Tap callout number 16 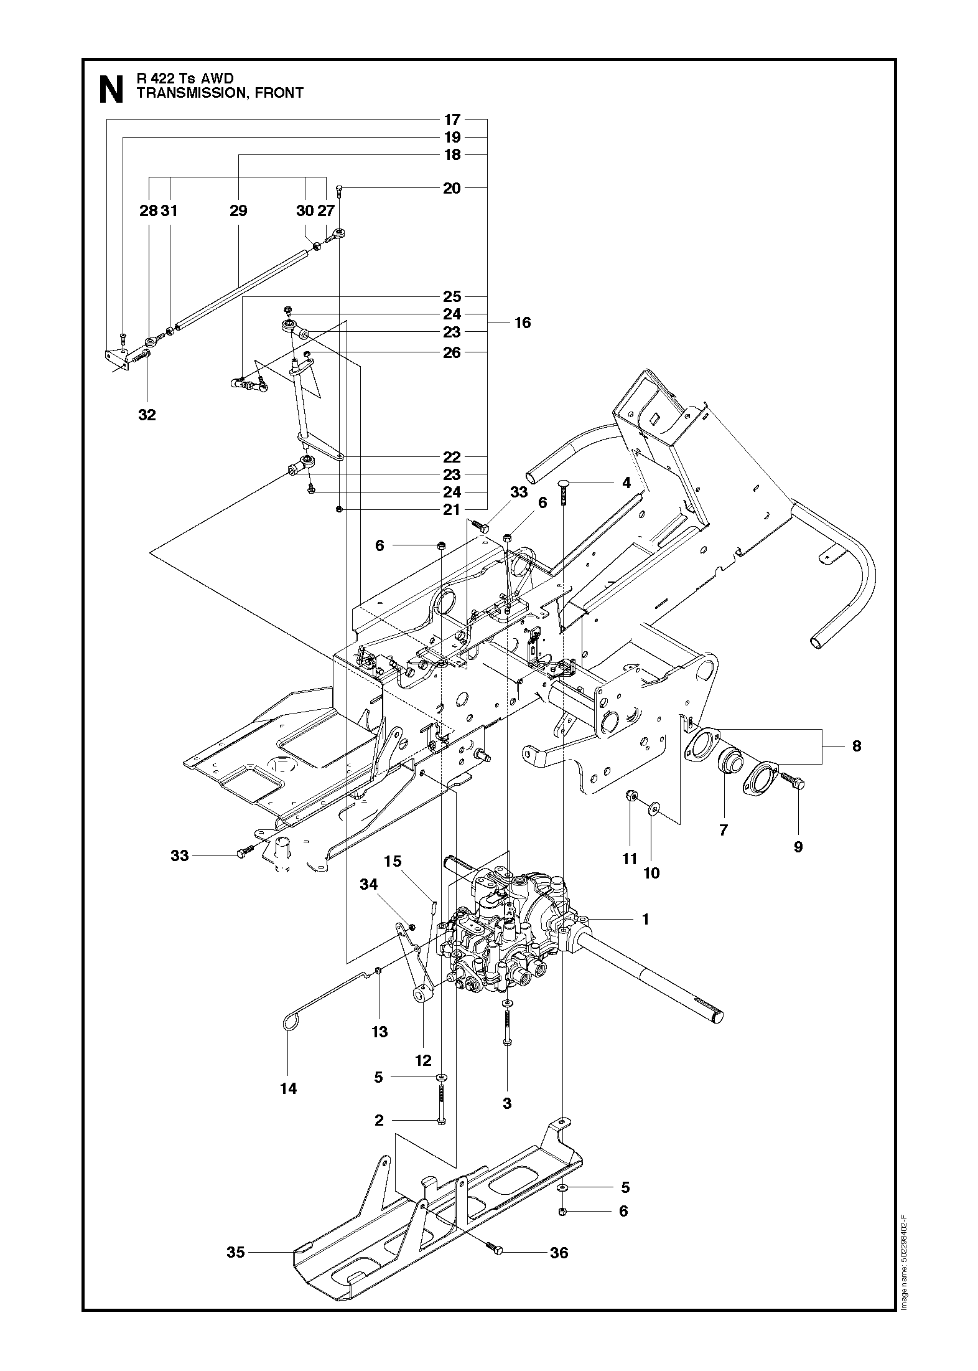[x=523, y=323]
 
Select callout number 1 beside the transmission [x=645, y=918]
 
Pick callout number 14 [x=289, y=1088]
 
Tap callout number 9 [x=798, y=846]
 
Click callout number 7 [x=723, y=829]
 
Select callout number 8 [x=856, y=746]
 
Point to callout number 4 [x=626, y=483]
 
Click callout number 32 [x=147, y=415]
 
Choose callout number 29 [x=238, y=210]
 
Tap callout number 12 [x=423, y=1060]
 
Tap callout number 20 [x=452, y=188]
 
